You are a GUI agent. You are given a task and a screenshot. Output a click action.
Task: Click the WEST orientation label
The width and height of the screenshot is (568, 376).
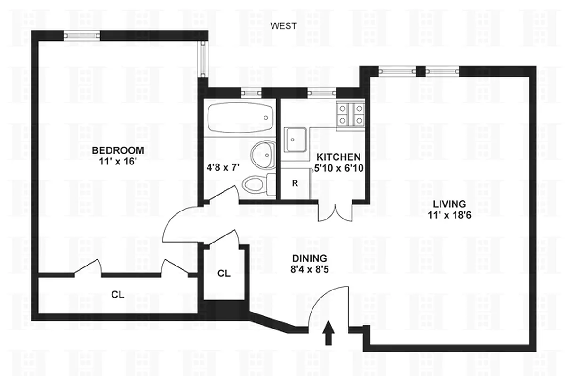click(x=283, y=26)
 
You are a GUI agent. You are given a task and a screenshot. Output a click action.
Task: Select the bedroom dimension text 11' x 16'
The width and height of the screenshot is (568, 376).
click(x=118, y=161)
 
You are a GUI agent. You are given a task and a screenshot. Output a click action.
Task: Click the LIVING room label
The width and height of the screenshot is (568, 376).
click(x=449, y=204)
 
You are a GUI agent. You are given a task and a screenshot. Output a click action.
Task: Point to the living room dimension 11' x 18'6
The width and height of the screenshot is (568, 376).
click(x=449, y=215)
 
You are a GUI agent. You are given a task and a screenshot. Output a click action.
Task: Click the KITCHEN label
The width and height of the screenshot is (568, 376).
click(x=338, y=157)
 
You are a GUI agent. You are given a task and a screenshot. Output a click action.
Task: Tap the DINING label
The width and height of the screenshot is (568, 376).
click(x=309, y=258)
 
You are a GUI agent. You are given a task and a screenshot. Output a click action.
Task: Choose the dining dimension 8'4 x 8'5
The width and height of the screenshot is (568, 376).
click(x=309, y=269)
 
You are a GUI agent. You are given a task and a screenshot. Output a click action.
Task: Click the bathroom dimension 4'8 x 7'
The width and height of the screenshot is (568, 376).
click(x=223, y=167)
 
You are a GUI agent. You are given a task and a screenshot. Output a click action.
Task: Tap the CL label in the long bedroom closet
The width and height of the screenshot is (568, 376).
click(x=118, y=295)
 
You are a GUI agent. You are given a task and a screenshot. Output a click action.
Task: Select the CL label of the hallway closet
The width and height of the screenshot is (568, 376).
click(x=224, y=274)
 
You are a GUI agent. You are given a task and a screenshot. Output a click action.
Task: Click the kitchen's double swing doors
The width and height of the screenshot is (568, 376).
click(x=335, y=212)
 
